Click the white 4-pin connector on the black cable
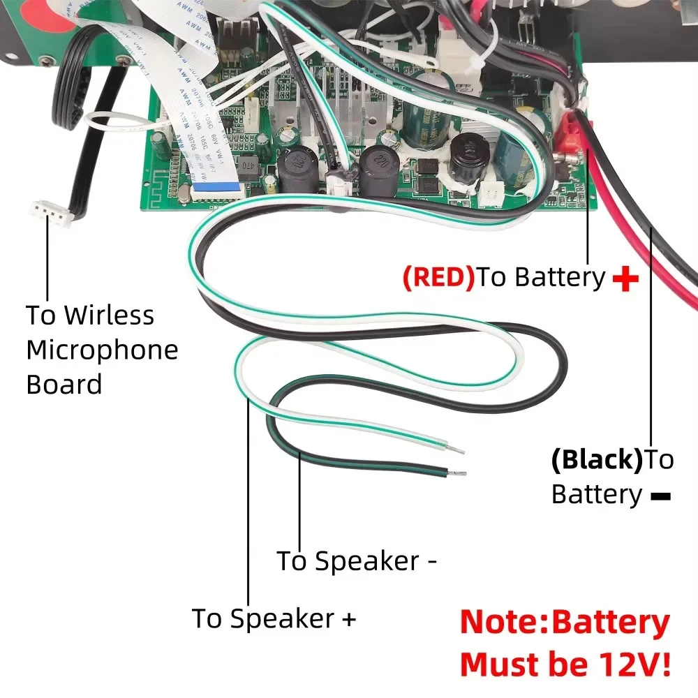point(51,212)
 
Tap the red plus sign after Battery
point(625,279)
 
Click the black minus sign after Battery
point(660,496)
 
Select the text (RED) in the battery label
point(438,277)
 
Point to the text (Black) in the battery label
point(597,460)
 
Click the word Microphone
point(102,350)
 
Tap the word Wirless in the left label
point(109,315)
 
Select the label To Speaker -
point(357,560)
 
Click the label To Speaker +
point(274,618)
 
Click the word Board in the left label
point(64,384)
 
